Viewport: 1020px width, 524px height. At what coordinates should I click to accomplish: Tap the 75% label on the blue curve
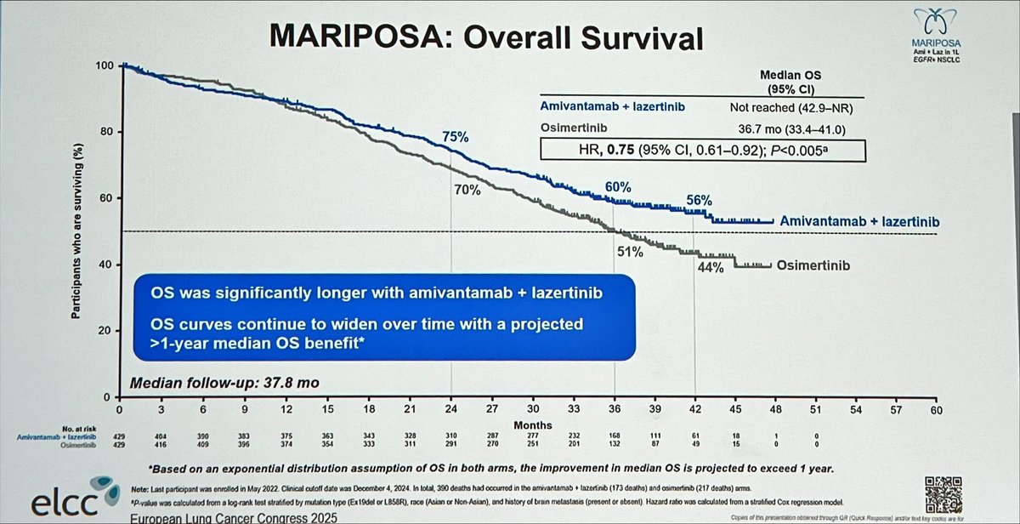click(x=456, y=136)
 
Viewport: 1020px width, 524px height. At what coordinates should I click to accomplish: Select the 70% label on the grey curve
click(x=467, y=191)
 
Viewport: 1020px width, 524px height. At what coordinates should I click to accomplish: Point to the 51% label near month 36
click(x=626, y=251)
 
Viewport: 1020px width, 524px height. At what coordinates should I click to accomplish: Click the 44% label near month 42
click(x=710, y=267)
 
